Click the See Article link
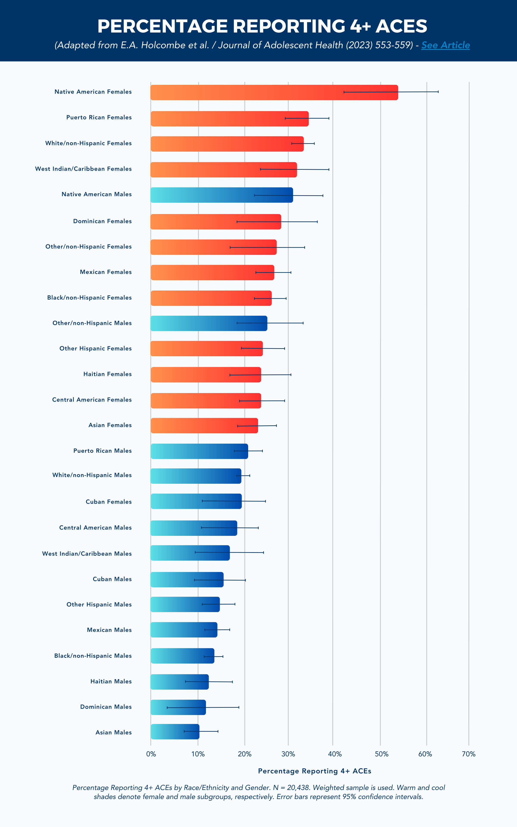click(x=445, y=45)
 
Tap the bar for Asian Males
click(x=175, y=731)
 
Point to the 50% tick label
click(x=381, y=754)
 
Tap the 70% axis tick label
click(x=469, y=754)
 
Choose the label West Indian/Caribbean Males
click(x=87, y=554)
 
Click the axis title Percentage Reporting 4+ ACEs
click(x=314, y=771)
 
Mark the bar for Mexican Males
click(x=184, y=630)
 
